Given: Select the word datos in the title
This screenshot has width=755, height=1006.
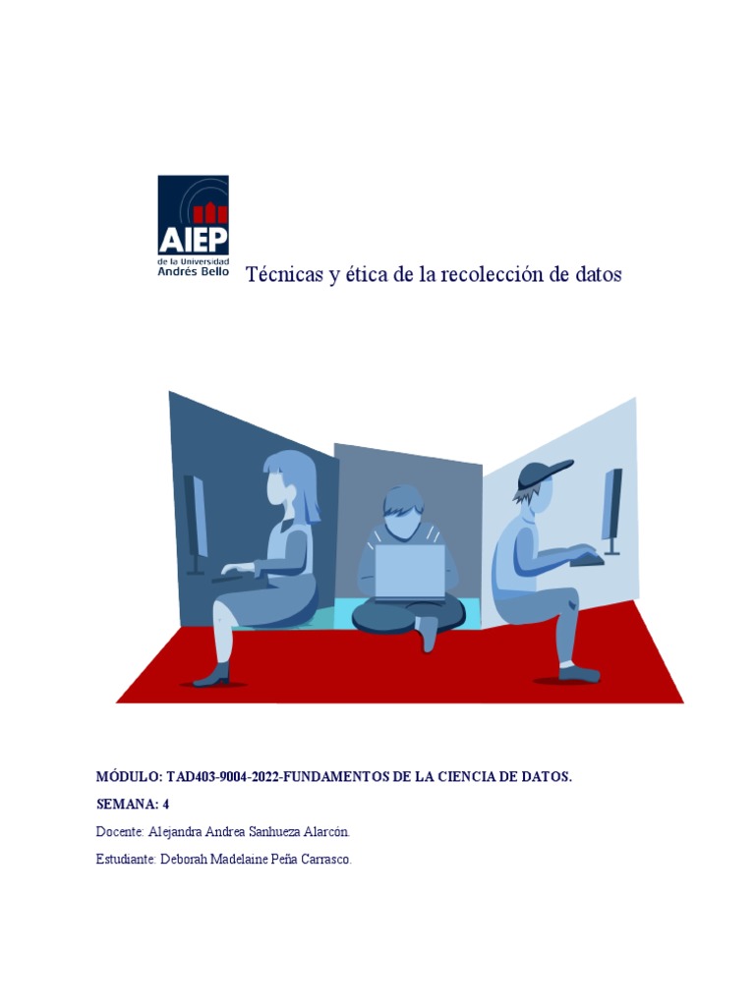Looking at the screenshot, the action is coord(599,275).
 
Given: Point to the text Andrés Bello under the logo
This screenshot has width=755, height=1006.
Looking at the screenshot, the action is coord(194,271).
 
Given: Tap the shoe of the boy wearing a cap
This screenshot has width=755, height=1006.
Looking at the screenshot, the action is coord(579,674).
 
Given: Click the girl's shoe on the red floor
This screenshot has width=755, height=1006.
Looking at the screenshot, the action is coord(212,676).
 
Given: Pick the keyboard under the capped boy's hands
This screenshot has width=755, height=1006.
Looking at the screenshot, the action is coord(587,560).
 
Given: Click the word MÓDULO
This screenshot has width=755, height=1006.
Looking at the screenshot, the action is coord(129,777).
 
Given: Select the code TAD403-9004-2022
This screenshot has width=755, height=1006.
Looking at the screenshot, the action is coord(224,777).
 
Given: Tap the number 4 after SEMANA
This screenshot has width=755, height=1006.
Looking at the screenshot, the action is coord(166,805).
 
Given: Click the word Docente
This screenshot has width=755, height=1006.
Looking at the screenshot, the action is coord(120,832).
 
